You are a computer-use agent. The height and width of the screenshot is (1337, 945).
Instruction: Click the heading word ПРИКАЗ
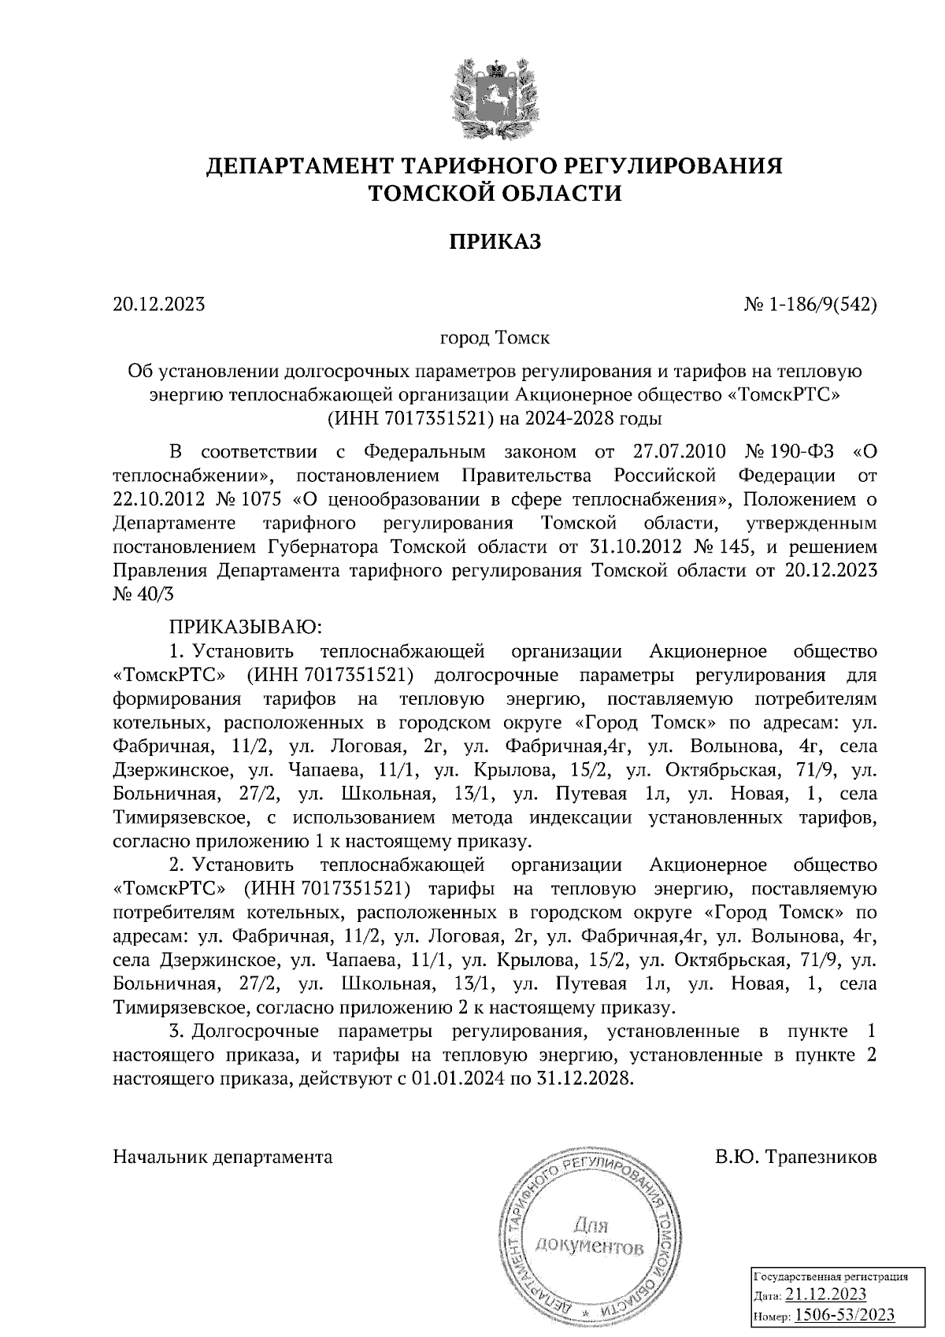click(495, 242)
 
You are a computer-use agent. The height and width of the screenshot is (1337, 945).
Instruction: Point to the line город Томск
click(494, 338)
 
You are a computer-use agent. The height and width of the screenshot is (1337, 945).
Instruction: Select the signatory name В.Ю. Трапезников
click(795, 1157)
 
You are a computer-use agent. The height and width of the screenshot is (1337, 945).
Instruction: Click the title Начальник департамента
click(223, 1157)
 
